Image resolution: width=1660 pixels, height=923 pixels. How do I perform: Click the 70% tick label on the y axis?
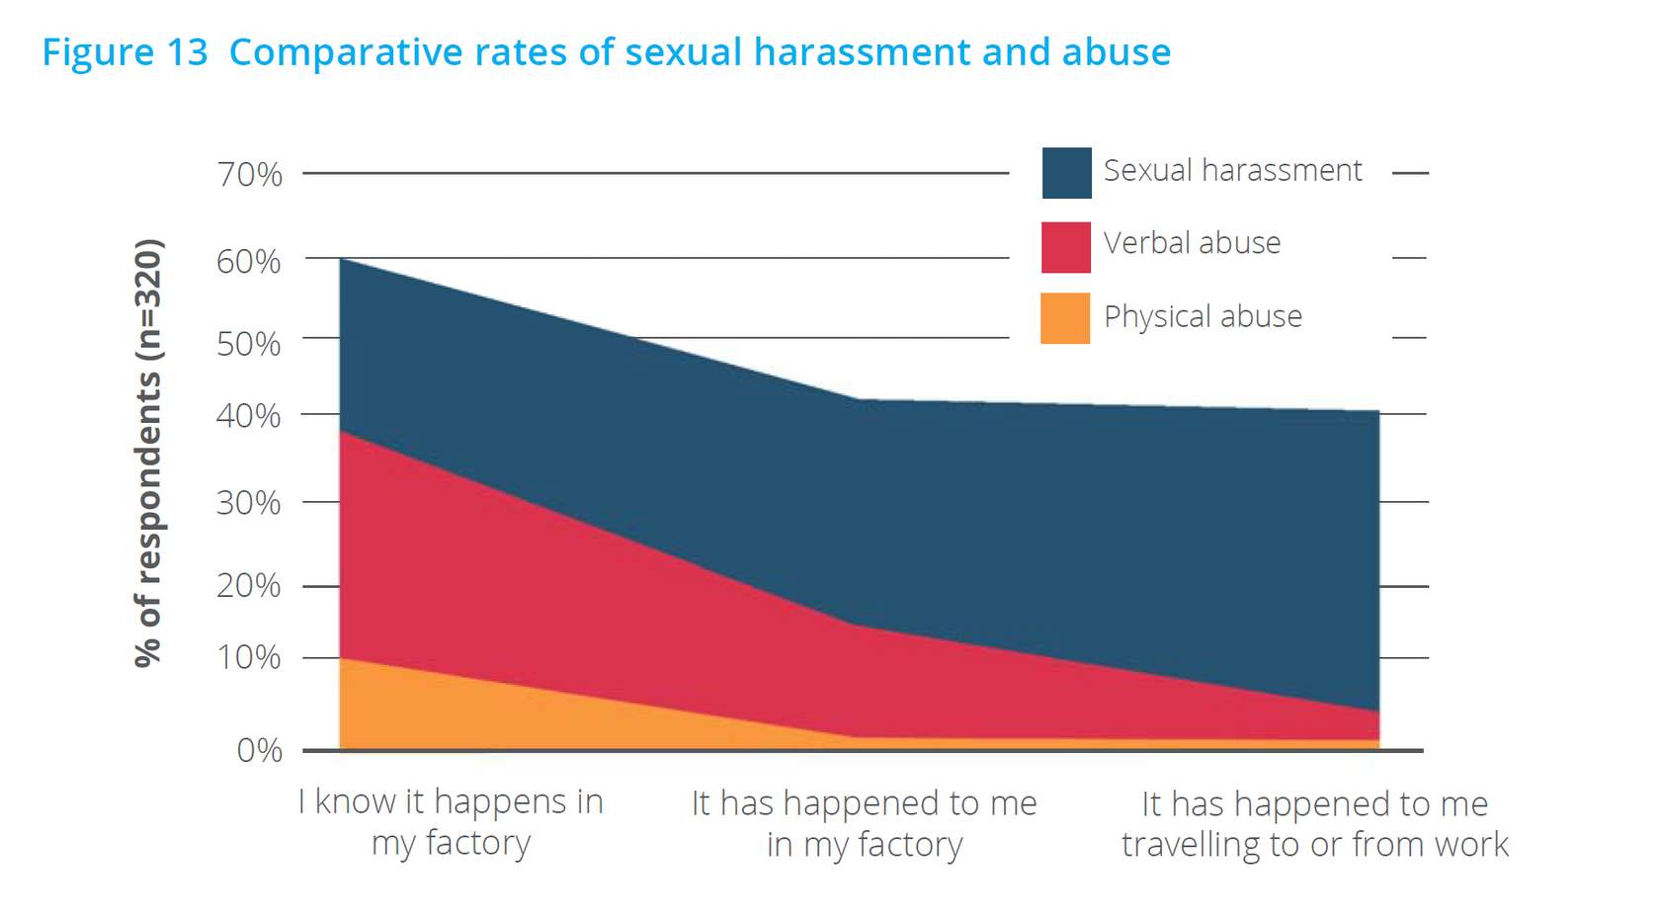click(x=249, y=174)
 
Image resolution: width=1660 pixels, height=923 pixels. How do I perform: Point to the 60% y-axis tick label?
click(x=249, y=262)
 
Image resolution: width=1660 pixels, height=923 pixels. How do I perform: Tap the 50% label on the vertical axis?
click(x=249, y=344)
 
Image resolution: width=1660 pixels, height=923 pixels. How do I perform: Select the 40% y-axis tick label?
click(x=249, y=416)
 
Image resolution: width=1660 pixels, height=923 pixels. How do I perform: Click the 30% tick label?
click(x=249, y=503)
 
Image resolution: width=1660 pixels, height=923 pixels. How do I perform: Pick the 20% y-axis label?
click(x=249, y=586)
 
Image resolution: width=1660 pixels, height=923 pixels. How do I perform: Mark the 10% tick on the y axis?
click(x=249, y=658)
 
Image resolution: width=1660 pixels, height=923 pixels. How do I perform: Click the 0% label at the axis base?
click(x=259, y=751)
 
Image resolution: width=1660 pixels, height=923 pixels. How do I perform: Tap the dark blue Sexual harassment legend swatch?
click(x=1066, y=173)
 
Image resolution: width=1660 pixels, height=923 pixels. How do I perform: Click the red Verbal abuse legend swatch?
click(x=1066, y=247)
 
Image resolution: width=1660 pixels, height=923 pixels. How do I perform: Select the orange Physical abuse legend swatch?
click(x=1065, y=318)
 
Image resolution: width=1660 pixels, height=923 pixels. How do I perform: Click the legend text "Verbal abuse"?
click(x=1192, y=243)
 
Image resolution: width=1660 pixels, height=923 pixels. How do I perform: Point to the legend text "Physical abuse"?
click(x=1203, y=316)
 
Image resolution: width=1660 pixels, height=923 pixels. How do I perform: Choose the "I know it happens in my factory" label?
click(x=451, y=822)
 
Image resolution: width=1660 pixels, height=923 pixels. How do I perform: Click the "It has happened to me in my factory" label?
click(x=864, y=824)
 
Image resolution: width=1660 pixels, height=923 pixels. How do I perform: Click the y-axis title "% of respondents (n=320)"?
click(x=148, y=454)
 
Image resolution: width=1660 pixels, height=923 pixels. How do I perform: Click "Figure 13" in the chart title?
click(x=124, y=52)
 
